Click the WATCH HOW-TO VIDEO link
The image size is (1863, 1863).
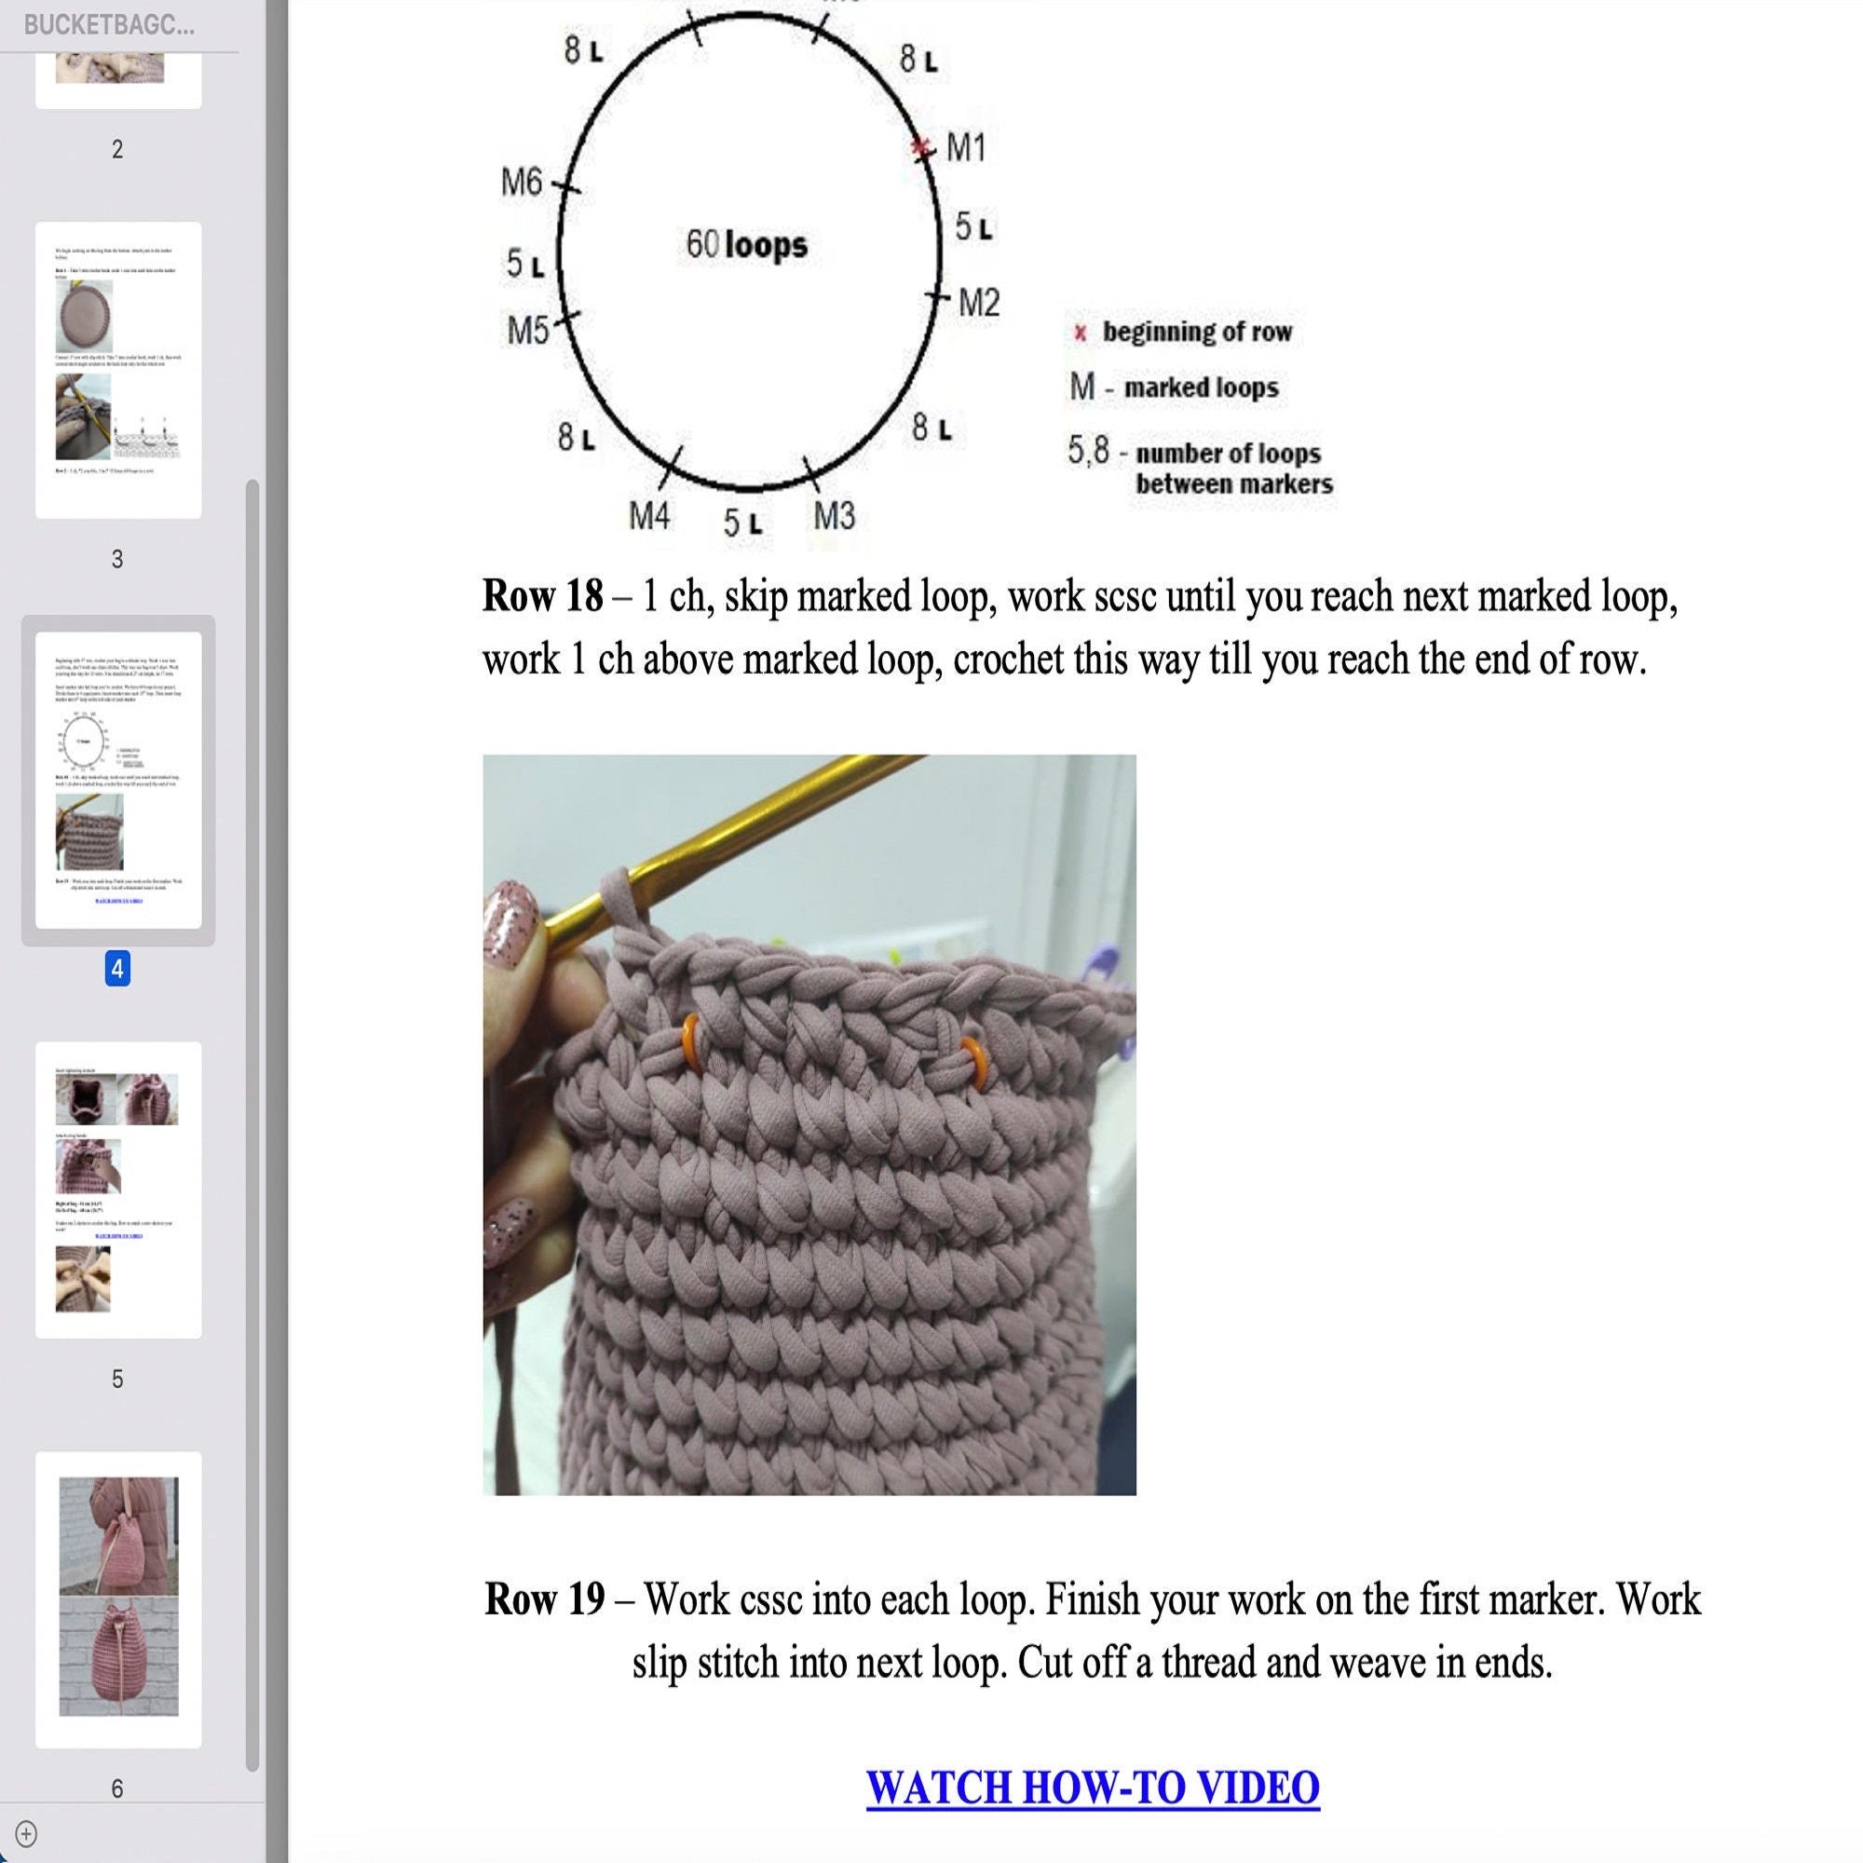coord(1092,1787)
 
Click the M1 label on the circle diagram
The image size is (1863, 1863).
coord(965,148)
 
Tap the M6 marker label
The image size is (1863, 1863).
coord(522,182)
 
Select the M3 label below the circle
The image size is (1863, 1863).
coord(833,517)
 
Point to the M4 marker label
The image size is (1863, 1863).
coord(649,517)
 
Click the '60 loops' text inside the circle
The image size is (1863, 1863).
coord(746,244)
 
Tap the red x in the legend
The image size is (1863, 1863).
coord(1080,333)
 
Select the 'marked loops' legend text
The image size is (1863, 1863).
coord(1201,388)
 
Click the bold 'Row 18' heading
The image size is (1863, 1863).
coord(543,596)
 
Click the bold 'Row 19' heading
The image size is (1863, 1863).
coord(545,1599)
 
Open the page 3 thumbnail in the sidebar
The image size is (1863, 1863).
coord(118,371)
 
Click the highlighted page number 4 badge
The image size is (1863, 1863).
coord(117,968)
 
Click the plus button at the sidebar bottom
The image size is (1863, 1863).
coord(26,1833)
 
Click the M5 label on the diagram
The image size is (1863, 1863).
coord(527,331)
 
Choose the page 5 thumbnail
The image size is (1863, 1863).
coord(118,1189)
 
